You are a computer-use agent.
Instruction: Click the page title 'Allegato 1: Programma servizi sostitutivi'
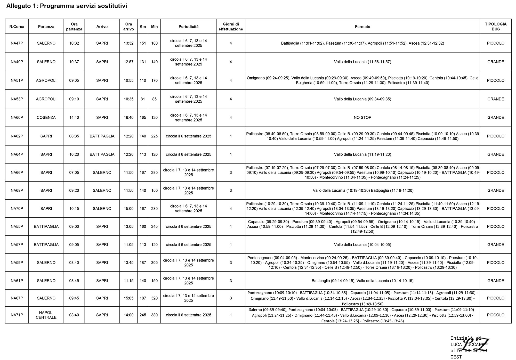click(67, 6)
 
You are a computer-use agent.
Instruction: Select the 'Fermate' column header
click(362, 27)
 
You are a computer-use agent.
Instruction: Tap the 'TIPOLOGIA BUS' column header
click(495, 27)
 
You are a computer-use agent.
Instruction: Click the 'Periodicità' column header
click(188, 27)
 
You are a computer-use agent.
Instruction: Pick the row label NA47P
click(17, 43)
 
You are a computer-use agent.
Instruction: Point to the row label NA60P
click(17, 118)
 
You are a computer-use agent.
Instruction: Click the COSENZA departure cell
click(46, 118)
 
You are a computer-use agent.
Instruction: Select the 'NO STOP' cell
click(362, 118)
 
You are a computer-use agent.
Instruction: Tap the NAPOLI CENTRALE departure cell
click(46, 315)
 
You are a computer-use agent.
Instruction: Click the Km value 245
click(143, 315)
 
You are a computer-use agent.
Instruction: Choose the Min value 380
click(154, 315)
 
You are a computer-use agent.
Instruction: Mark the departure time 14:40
click(74, 118)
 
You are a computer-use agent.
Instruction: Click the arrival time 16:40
click(128, 118)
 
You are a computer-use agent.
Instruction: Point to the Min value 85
click(154, 99)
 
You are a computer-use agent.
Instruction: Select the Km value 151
click(143, 43)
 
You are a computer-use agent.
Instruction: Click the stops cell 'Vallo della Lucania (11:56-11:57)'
click(362, 62)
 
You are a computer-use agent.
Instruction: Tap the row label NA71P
click(17, 315)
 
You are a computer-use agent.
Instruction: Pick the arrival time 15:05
click(128, 298)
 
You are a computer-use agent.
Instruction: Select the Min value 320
click(154, 298)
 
